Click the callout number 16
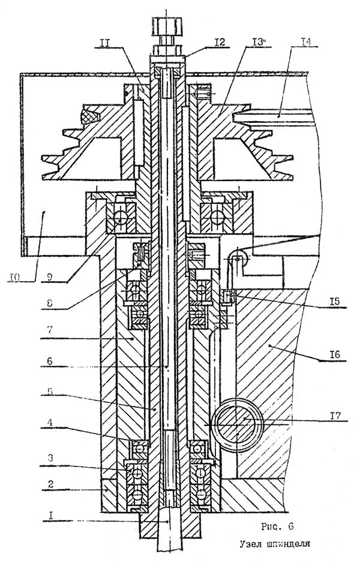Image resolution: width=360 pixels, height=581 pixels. pyautogui.click(x=336, y=356)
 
